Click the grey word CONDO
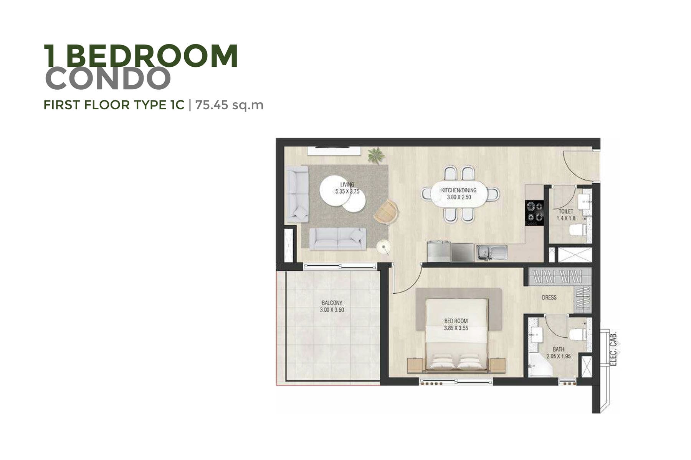pos(108,78)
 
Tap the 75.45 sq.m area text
pos(229,105)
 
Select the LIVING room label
pos(347,184)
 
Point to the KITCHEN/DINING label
pos(459,190)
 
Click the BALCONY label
pos(332,303)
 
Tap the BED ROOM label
pos(456,321)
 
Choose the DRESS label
pos(549,297)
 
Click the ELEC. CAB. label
pos(613,348)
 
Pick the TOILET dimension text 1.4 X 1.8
pos(566,219)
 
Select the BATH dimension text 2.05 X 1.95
pos(559,356)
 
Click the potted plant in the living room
pos(376,156)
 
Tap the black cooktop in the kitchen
pos(534,212)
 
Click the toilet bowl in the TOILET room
pos(577,230)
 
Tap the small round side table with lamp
pos(384,247)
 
